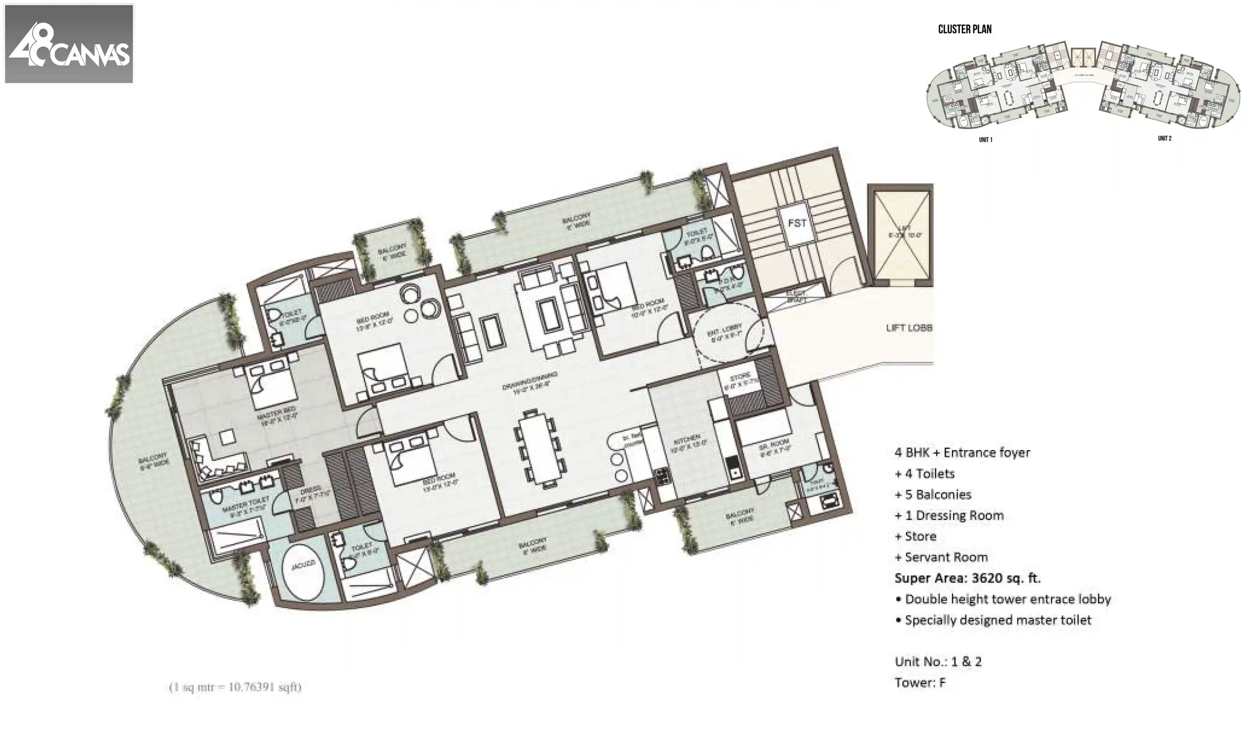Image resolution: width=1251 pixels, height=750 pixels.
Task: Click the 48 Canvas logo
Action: pos(69,43)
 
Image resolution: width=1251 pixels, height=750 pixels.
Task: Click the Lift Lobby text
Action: pos(909,328)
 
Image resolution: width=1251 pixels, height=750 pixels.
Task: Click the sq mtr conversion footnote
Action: pos(235,687)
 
